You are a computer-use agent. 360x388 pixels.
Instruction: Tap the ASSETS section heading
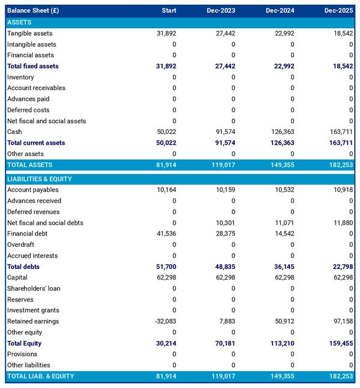19,22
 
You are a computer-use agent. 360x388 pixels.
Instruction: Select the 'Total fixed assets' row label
33,66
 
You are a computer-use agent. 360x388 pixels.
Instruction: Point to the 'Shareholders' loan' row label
34,288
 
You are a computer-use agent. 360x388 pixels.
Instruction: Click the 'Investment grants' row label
32,311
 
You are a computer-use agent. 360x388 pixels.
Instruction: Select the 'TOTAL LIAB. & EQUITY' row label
41,376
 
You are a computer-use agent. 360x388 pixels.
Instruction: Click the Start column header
169,11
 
